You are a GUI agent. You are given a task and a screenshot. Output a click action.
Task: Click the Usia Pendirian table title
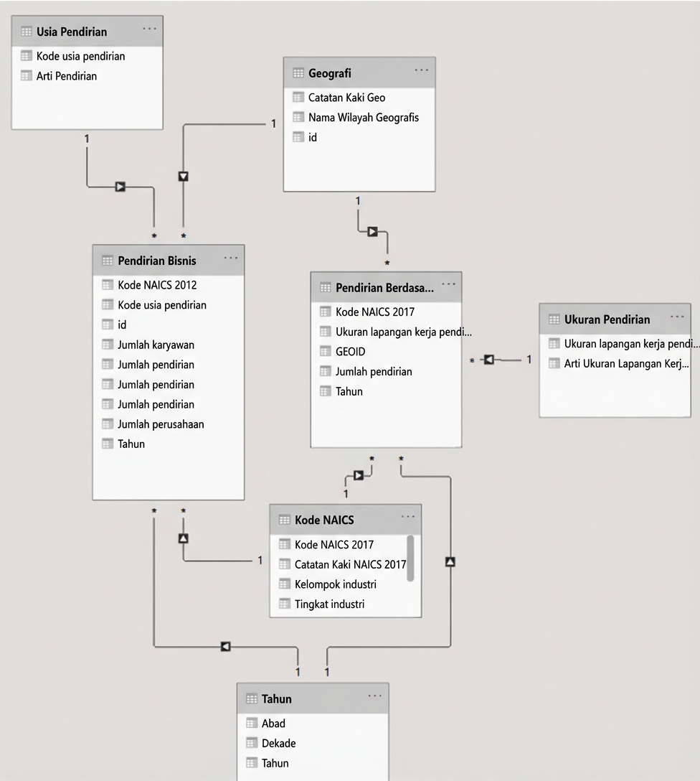tap(71, 32)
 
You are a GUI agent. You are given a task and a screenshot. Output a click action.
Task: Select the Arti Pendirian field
tap(66, 76)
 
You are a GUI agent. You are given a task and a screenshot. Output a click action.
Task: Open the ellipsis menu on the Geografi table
tap(421, 70)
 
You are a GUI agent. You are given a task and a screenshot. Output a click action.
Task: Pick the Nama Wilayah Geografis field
tap(363, 117)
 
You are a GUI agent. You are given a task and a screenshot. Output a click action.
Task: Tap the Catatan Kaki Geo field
tap(346, 97)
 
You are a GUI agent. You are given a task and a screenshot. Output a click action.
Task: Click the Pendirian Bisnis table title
tap(156, 261)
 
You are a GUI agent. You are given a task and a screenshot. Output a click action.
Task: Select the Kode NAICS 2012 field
tap(156, 285)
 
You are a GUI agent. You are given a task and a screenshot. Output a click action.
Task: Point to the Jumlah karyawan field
tap(156, 345)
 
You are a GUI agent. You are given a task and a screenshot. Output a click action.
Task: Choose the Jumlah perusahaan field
tap(161, 424)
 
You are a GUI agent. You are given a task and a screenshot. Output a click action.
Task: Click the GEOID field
tap(350, 352)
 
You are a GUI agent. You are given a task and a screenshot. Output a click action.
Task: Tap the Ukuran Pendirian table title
tap(607, 319)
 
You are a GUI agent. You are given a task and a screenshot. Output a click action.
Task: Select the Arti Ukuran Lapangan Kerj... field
tap(625, 364)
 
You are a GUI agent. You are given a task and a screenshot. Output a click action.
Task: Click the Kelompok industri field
tap(335, 584)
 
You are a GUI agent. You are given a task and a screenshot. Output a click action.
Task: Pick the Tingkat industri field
tap(329, 604)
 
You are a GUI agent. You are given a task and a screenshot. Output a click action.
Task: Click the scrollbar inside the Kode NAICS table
tap(410, 557)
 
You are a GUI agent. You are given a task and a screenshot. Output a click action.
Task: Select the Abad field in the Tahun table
tap(273, 724)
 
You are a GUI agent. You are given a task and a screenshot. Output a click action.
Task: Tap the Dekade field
tap(278, 744)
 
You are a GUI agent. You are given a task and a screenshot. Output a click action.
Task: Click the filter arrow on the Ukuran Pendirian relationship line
tap(488, 360)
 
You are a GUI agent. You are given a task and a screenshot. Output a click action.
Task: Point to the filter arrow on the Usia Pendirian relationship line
tap(120, 187)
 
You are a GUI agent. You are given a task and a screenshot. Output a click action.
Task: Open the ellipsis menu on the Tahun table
tap(374, 696)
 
